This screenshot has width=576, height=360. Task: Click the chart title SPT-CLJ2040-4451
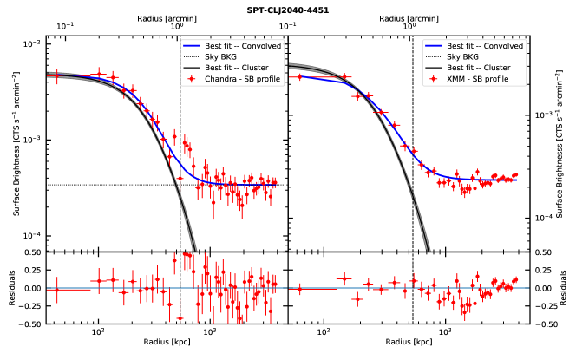pyautogui.click(x=287, y=10)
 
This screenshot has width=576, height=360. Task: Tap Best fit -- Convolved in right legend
pyautogui.click(x=486, y=45)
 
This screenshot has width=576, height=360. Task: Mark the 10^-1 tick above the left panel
pyautogui.click(x=65, y=27)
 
